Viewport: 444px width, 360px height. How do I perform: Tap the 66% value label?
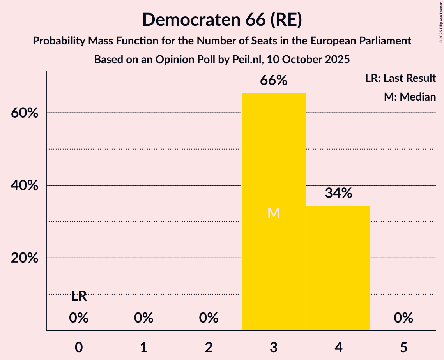(274, 81)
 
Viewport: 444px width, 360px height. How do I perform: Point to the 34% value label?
(338, 193)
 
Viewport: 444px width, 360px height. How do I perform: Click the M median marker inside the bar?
(274, 213)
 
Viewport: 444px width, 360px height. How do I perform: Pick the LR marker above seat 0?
(79, 296)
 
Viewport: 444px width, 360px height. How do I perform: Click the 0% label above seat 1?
(143, 318)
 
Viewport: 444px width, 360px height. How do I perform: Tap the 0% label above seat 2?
(209, 318)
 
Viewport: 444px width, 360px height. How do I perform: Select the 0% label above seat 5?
(403, 318)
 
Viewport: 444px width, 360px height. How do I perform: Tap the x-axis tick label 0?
(79, 348)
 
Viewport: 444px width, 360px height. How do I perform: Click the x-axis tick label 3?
(274, 348)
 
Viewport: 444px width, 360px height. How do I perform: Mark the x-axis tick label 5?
(403, 348)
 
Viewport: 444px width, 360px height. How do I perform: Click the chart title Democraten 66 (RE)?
(222, 20)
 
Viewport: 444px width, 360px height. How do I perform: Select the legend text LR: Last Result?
(400, 78)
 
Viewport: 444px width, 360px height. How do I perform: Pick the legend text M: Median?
(410, 97)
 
